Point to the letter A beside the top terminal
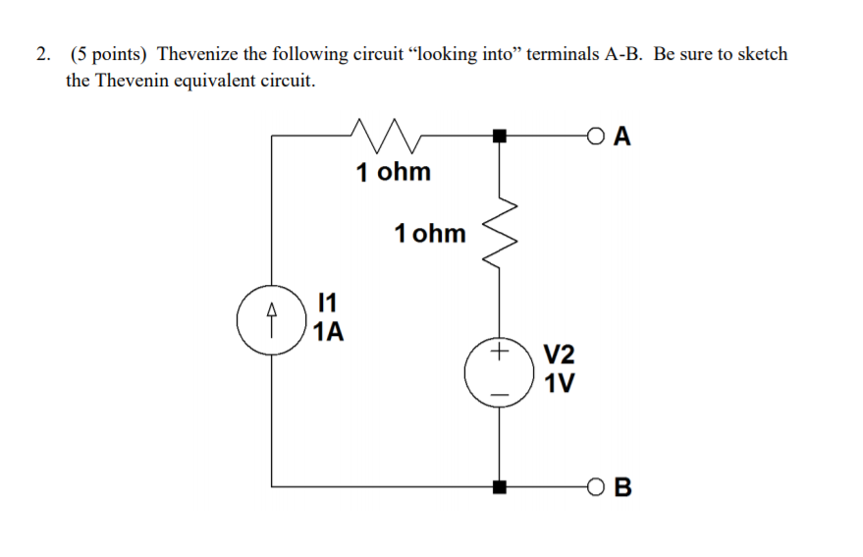pos(620,136)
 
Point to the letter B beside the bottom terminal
pos(621,486)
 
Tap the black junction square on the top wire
pos(501,136)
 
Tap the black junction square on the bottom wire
pos(501,486)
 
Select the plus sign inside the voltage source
pos(501,351)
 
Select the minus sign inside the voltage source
pos(501,395)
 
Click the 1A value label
pos(330,332)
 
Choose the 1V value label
pos(560,383)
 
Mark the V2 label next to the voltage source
pos(560,356)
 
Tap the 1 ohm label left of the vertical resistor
pos(429,234)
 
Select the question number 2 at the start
pos(41,54)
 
